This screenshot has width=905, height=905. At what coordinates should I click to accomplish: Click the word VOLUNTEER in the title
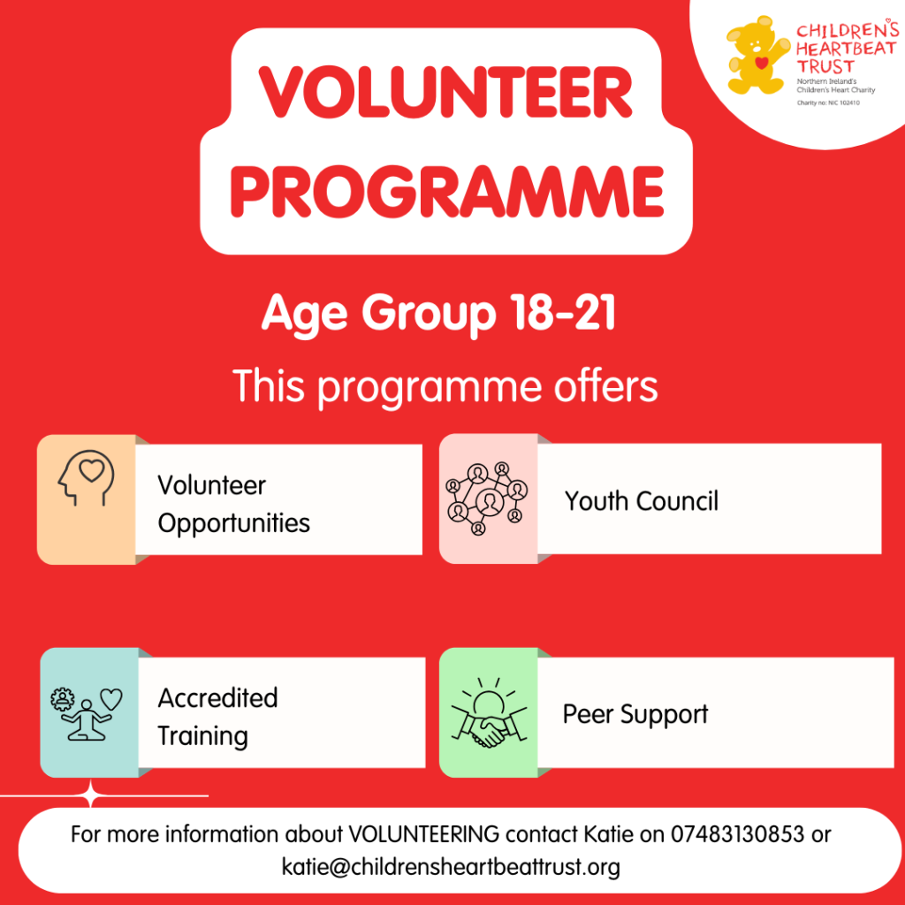coord(445,92)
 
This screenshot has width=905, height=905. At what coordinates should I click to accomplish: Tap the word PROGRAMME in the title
coord(447,192)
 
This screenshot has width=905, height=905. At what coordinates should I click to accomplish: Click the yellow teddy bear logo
coord(757,55)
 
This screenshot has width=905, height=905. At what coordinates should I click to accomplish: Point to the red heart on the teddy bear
coord(762,63)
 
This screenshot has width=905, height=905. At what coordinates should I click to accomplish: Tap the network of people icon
coord(487,498)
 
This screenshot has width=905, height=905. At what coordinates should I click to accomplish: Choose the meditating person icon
coord(87,714)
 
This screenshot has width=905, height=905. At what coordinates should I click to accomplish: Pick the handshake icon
coord(489,713)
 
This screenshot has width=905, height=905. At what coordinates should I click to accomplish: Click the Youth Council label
coord(642,500)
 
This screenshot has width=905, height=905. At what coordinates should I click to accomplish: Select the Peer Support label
coord(635,714)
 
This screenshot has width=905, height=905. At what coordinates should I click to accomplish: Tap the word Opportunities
coord(233,524)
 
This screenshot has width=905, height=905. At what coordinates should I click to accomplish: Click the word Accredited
coord(217,698)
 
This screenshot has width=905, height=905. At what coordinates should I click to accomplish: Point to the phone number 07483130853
coord(737,834)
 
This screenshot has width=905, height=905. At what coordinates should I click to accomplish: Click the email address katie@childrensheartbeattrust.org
coord(451,867)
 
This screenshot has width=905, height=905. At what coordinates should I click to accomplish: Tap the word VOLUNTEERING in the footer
coord(423,834)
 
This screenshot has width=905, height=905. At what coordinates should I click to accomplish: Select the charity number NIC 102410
coord(844,103)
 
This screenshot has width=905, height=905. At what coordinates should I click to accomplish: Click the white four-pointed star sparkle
coord(91,795)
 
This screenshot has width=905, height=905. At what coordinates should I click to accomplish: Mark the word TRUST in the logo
coord(825,65)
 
